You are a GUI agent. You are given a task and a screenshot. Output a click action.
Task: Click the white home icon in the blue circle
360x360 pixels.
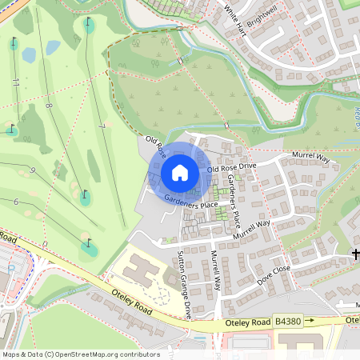180,173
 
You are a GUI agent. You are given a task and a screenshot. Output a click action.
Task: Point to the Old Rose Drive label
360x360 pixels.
231,167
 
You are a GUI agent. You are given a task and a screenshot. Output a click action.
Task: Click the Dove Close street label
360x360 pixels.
273,276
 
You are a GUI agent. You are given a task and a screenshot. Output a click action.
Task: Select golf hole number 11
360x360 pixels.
16,82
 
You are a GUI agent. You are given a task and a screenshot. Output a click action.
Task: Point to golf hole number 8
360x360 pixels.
49,106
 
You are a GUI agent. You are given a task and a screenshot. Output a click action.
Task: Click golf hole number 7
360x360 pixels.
102,126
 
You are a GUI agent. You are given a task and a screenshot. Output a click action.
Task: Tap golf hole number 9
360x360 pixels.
32,170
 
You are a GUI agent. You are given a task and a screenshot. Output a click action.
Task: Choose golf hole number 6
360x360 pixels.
16,202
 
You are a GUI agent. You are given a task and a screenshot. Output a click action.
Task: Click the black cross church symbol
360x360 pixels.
355,254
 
